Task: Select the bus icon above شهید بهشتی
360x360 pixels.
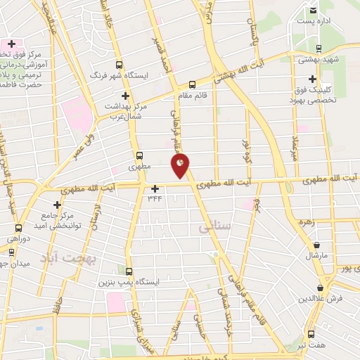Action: click(320, 49)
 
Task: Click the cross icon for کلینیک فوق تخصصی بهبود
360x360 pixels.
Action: click(312, 79)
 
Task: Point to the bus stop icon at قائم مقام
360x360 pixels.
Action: click(192, 84)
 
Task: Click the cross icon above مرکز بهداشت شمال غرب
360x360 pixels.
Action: click(126, 96)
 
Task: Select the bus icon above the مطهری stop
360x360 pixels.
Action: click(139, 156)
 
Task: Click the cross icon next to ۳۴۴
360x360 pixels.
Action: click(155, 188)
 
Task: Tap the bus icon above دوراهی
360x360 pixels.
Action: click(18, 227)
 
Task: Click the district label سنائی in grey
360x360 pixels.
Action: click(214, 228)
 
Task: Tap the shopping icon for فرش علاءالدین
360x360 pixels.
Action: click(321, 287)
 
